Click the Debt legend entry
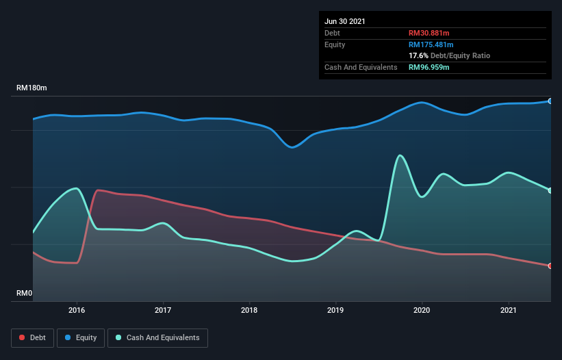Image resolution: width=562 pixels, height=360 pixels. [31, 337]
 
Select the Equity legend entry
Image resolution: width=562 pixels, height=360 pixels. [81, 337]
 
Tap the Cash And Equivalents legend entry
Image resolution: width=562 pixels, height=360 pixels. [157, 337]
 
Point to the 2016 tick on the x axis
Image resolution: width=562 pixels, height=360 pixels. [77, 310]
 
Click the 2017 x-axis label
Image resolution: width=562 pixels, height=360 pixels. [164, 310]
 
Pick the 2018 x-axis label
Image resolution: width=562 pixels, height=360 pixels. [250, 310]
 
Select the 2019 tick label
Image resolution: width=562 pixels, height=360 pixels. [336, 310]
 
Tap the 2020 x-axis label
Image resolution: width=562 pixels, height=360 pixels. [422, 310]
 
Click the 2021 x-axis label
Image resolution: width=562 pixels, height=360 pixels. [509, 310]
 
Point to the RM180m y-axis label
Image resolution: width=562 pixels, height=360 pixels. [32, 88]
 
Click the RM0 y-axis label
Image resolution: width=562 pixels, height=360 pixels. [25, 293]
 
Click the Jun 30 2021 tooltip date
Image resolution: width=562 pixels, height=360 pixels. [345, 21]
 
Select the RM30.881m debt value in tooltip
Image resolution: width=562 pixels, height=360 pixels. [429, 33]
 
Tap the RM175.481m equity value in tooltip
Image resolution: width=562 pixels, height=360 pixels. [431, 44]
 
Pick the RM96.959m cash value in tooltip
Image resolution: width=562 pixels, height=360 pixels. [429, 67]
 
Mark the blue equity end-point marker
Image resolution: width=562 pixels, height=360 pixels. [550, 101]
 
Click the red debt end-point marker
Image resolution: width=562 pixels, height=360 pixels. [550, 266]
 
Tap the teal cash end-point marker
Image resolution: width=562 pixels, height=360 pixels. [550, 190]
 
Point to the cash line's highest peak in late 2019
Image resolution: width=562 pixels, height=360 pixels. [399, 155]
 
